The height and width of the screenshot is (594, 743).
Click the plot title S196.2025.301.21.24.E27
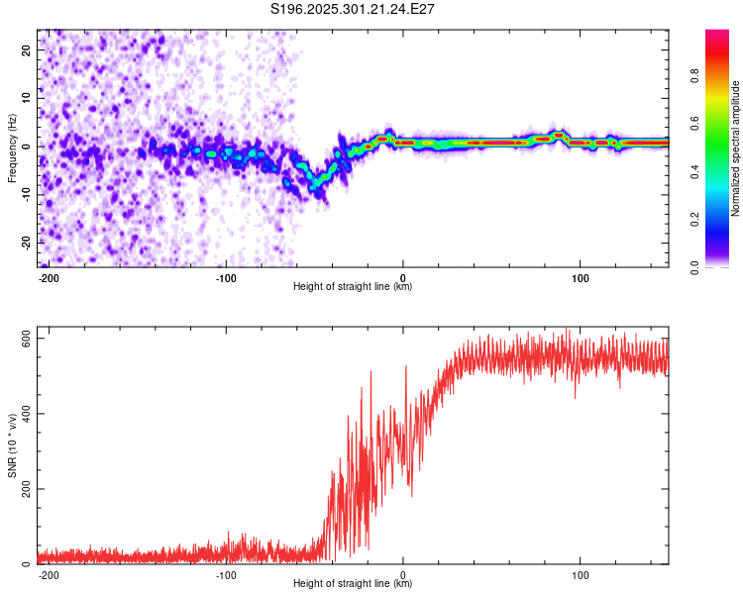(x=354, y=9)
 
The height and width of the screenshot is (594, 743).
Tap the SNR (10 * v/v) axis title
(x=12, y=446)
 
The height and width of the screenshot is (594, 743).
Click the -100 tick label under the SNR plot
(x=226, y=575)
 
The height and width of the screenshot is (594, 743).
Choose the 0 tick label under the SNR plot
(x=403, y=575)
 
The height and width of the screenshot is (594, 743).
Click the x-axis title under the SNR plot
(x=353, y=585)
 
